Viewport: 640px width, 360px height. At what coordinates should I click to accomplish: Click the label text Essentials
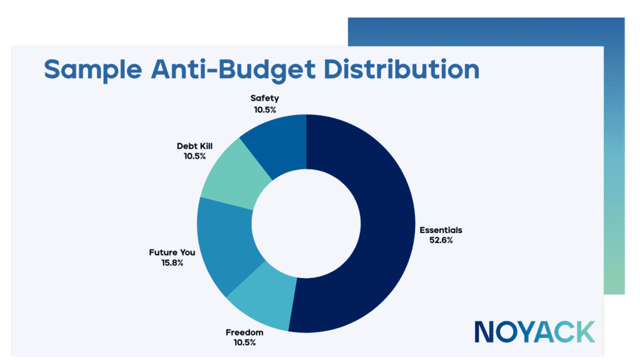point(441,230)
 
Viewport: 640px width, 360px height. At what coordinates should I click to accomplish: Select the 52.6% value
point(441,240)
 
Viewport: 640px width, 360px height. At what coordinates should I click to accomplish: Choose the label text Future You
point(171,253)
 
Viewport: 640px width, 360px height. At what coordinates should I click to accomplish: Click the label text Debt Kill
point(195,146)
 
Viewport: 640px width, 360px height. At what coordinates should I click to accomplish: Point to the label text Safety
point(264,98)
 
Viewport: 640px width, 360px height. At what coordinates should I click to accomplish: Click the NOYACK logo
point(534,331)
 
